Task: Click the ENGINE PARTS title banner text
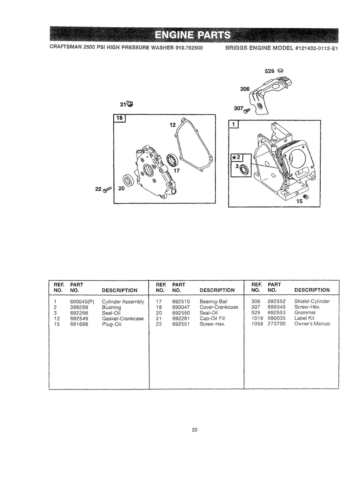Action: [x=193, y=35]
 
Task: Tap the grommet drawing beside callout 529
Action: [x=280, y=71]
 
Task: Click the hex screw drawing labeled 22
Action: [x=107, y=190]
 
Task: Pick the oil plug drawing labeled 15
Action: [x=306, y=197]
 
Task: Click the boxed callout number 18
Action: [x=120, y=118]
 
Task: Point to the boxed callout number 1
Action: [x=234, y=124]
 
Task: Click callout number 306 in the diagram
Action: [x=245, y=89]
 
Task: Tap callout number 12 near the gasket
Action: [x=172, y=125]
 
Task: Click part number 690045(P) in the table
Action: [x=82, y=302]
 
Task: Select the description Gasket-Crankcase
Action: [x=123, y=318]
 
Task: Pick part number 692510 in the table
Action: [x=181, y=302]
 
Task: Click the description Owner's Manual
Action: [x=312, y=324]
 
